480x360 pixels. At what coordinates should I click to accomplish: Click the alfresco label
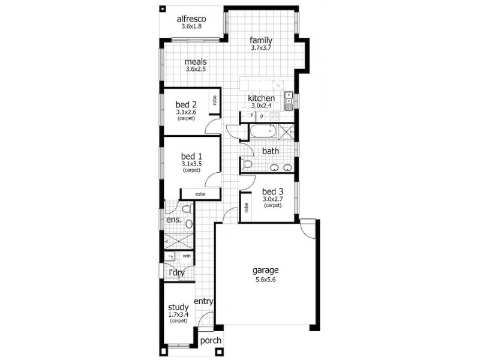click(x=192, y=19)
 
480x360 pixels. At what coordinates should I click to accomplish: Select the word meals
click(x=196, y=61)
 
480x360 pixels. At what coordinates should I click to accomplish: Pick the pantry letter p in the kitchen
click(x=262, y=116)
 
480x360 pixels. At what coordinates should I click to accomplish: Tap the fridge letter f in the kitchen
click(x=252, y=116)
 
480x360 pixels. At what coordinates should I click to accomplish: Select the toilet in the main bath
click(x=247, y=163)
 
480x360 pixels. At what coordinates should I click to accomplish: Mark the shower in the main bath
click(x=289, y=131)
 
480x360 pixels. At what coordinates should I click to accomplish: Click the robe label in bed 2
click(x=214, y=101)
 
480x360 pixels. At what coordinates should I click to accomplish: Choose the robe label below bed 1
click(x=200, y=194)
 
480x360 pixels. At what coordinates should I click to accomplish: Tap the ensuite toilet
click(x=186, y=209)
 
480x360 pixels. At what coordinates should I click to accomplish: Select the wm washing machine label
click(x=187, y=256)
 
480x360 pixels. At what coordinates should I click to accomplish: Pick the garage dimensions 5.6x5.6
click(x=264, y=279)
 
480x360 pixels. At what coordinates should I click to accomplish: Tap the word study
click(x=178, y=307)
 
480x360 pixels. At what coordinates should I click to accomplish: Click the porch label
click(x=211, y=340)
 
